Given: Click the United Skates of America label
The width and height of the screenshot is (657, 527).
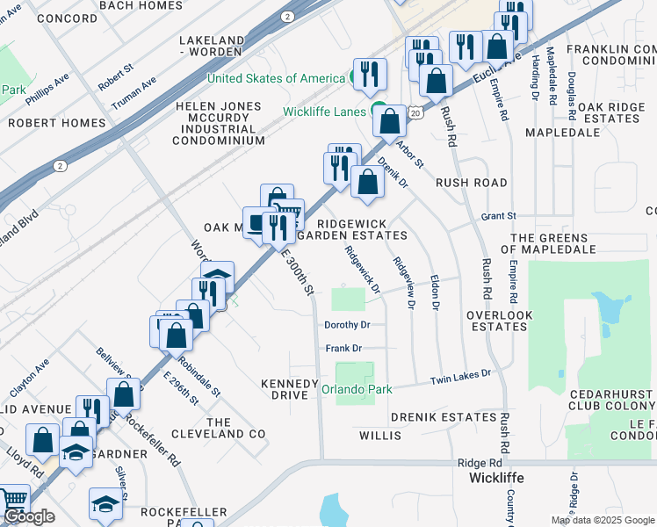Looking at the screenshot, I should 276,78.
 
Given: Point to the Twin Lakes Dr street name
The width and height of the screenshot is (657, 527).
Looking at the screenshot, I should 459,378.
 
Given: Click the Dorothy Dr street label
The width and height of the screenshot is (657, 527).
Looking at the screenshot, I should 348,325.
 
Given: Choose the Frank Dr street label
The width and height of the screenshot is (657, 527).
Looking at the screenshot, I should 338,349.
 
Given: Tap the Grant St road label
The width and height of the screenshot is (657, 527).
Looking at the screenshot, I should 498,215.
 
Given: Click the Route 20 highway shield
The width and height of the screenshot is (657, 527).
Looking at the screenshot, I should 416,113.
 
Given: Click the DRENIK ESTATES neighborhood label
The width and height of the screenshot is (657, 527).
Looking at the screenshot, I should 444,416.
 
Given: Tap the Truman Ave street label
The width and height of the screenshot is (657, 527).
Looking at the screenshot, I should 134,92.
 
